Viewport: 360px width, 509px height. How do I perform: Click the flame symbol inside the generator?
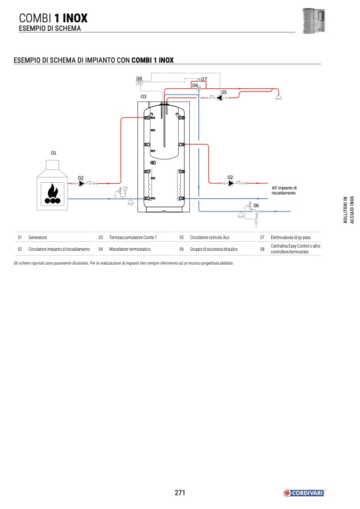pos(52,191)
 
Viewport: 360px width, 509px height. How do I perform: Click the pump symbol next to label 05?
pos(219,98)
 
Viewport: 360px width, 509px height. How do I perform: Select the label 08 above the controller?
pos(139,79)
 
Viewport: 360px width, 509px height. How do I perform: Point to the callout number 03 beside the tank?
pos(144,97)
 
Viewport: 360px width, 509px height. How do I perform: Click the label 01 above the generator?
pos(54,153)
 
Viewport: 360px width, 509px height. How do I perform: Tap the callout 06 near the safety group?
pos(256,205)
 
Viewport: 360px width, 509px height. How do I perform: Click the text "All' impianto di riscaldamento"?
pos(284,191)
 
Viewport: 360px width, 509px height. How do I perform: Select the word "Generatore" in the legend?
pos(38,237)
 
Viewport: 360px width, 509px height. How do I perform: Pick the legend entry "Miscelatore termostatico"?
pos(130,249)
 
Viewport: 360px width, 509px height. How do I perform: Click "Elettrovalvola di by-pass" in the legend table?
pos(290,237)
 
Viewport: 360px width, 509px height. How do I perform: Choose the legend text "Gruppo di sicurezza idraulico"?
pos(214,249)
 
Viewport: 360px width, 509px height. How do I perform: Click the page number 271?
pos(180,493)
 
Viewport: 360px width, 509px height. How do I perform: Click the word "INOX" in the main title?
pos(74,18)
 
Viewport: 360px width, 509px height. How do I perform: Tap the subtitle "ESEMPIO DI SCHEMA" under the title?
pos(50,29)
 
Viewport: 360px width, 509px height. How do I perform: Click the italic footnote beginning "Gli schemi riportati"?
pos(123,263)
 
